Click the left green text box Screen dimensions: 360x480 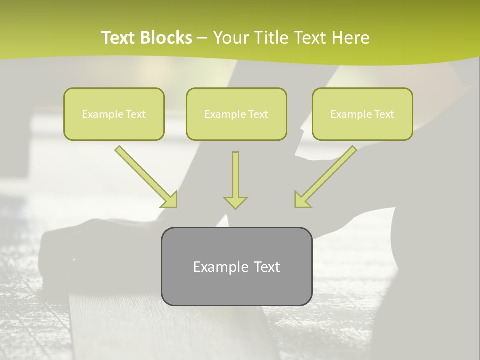pyautogui.click(x=114, y=114)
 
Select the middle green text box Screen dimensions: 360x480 pyautogui.click(x=236, y=114)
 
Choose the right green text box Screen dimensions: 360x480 pyautogui.click(x=362, y=114)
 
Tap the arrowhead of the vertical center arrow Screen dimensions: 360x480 pyautogui.click(x=235, y=202)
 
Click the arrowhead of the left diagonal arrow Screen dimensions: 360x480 pyautogui.click(x=170, y=200)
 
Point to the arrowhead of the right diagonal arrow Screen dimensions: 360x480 pyautogui.click(x=301, y=200)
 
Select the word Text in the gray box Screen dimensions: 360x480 pyautogui.click(x=267, y=267)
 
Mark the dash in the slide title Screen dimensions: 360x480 pyautogui.click(x=202, y=38)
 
